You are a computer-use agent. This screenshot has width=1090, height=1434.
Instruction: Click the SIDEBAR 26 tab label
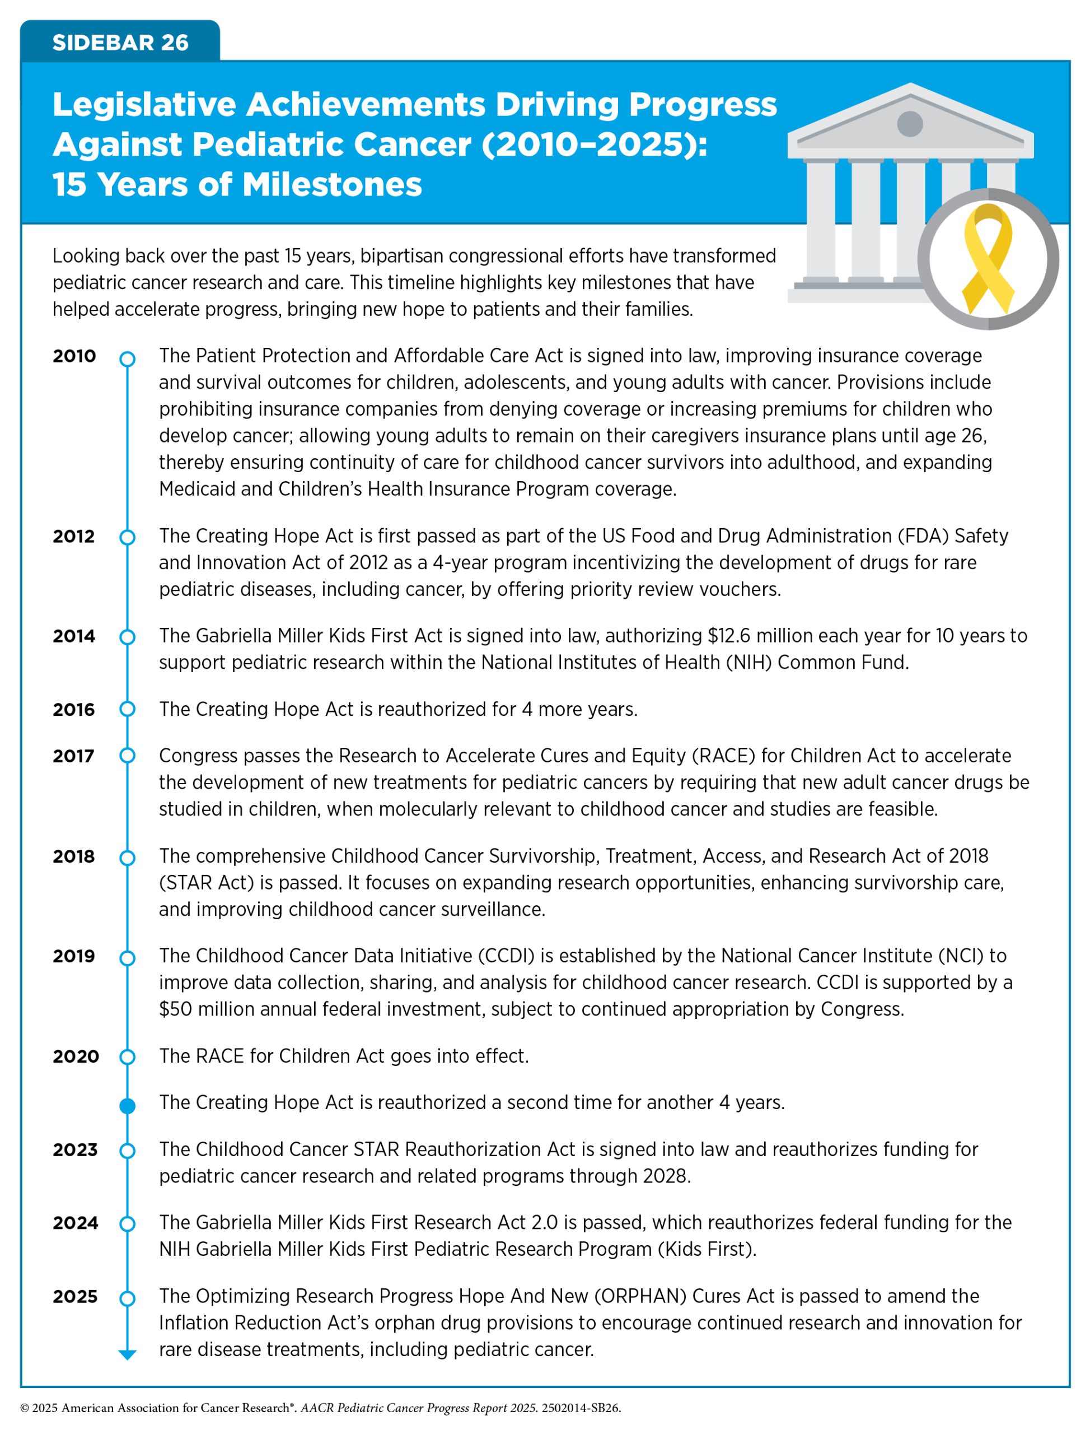coord(120,43)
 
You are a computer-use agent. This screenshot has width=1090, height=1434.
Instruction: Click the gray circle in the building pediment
coord(910,123)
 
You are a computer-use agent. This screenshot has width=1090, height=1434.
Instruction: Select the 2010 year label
coord(74,356)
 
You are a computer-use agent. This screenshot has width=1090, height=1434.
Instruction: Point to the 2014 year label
coord(74,636)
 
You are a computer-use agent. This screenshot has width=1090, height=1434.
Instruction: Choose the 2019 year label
coord(74,956)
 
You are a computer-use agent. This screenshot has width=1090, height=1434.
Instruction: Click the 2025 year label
coord(75,1296)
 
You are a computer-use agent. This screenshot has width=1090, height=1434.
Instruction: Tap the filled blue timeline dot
coord(128,1106)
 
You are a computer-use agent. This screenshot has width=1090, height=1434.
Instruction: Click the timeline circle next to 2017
coord(128,756)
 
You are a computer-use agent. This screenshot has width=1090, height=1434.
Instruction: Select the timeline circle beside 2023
coord(128,1151)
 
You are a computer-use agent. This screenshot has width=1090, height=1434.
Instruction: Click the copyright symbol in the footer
coord(25,1408)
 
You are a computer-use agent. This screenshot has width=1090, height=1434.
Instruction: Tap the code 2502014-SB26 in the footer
coord(581,1408)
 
